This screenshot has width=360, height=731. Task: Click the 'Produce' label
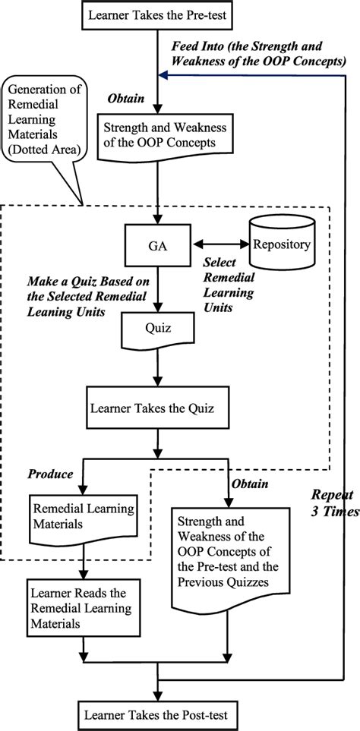(50, 474)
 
